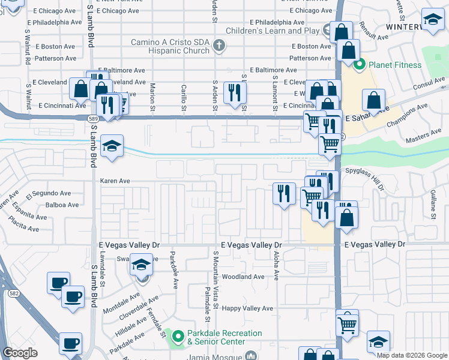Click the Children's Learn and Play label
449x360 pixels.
tap(273, 31)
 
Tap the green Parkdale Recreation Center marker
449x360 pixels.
tap(178, 337)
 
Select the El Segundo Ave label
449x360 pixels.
tap(48, 194)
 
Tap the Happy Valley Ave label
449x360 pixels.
tap(247, 308)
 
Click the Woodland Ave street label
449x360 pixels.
tap(243, 277)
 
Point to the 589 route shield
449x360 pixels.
tap(93, 119)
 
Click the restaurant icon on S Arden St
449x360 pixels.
tap(234, 92)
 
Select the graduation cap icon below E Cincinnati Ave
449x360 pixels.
tap(112, 146)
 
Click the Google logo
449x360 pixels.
tap(20, 353)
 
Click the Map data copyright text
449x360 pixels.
tap(411, 355)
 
